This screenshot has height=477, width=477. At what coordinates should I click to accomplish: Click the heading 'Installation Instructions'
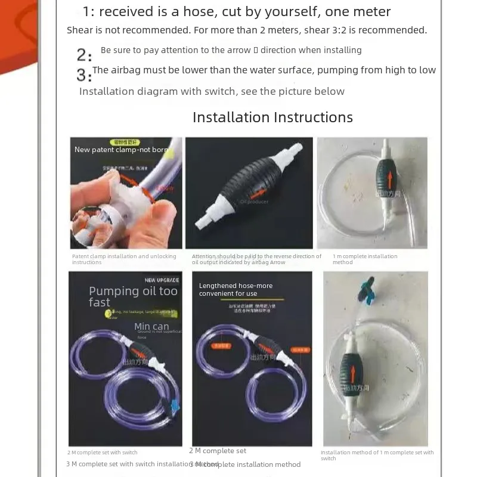click(272, 117)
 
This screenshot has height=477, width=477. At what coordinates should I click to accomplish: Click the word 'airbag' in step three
click(127, 70)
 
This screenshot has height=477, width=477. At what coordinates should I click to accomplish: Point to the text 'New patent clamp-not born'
click(121, 150)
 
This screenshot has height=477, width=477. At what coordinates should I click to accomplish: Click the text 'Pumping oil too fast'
click(133, 296)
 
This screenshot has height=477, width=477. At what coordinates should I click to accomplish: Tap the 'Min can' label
click(151, 326)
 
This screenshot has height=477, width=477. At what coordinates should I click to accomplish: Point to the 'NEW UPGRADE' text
click(161, 280)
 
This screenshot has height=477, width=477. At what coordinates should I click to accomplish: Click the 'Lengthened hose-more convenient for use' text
click(236, 290)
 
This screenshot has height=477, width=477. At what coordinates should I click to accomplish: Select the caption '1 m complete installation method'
click(364, 259)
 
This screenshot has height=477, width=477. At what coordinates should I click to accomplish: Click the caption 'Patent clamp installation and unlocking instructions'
click(124, 259)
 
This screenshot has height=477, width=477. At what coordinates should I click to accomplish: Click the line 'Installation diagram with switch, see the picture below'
click(212, 91)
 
